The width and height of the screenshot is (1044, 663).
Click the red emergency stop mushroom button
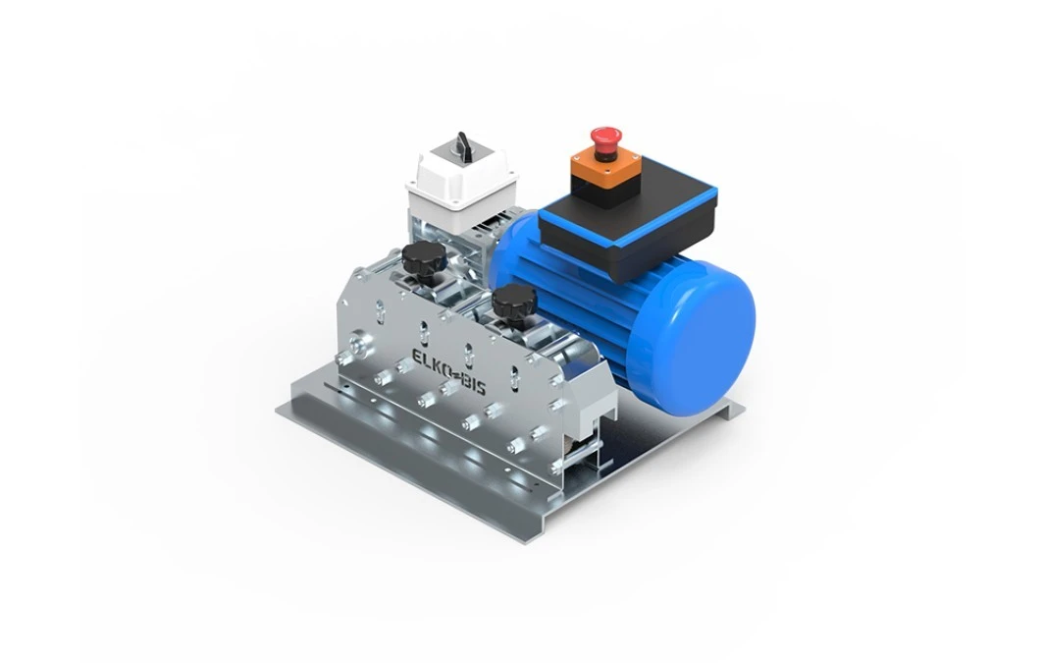603,138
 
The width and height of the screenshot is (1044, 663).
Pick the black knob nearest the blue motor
510,303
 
